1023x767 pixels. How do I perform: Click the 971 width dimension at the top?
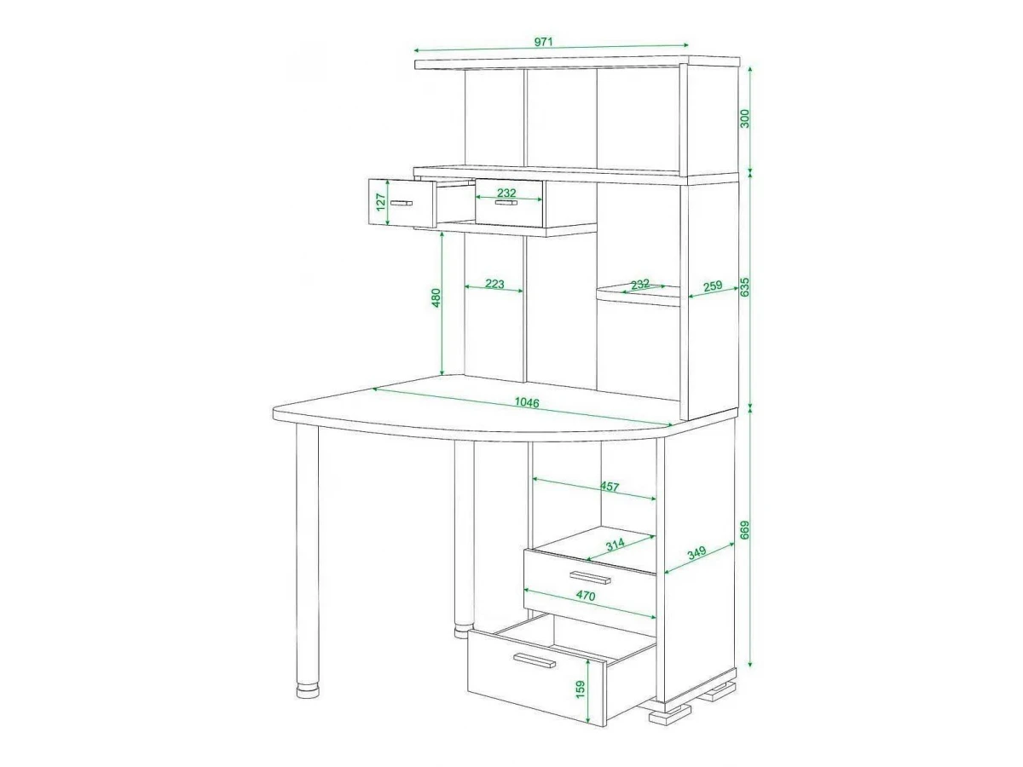pyautogui.click(x=543, y=42)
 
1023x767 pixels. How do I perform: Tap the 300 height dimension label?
pyautogui.click(x=745, y=118)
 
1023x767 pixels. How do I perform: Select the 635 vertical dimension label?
pyautogui.click(x=745, y=287)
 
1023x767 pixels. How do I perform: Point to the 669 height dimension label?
pyautogui.click(x=745, y=530)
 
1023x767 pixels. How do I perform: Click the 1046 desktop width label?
pyautogui.click(x=527, y=402)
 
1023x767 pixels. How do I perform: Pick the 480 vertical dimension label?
pyautogui.click(x=436, y=298)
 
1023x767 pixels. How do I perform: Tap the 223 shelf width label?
pyautogui.click(x=494, y=284)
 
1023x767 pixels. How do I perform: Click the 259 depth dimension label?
pyautogui.click(x=713, y=285)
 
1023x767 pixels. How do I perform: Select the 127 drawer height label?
pyautogui.click(x=381, y=202)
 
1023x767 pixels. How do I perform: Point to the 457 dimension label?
pyautogui.click(x=610, y=487)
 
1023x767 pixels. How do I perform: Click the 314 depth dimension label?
pyautogui.click(x=616, y=545)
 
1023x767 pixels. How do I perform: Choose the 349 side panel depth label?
pyautogui.click(x=696, y=553)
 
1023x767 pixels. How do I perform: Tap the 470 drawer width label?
pyautogui.click(x=586, y=596)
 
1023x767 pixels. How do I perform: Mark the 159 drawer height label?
pyautogui.click(x=581, y=689)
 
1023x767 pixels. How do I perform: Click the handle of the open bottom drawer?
pyautogui.click(x=535, y=660)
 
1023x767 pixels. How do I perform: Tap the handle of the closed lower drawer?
pyautogui.click(x=590, y=578)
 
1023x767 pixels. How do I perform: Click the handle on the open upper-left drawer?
pyautogui.click(x=402, y=203)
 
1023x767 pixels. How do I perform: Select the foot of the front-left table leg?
pyautogui.click(x=308, y=690)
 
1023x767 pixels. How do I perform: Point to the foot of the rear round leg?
pyautogui.click(x=465, y=631)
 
